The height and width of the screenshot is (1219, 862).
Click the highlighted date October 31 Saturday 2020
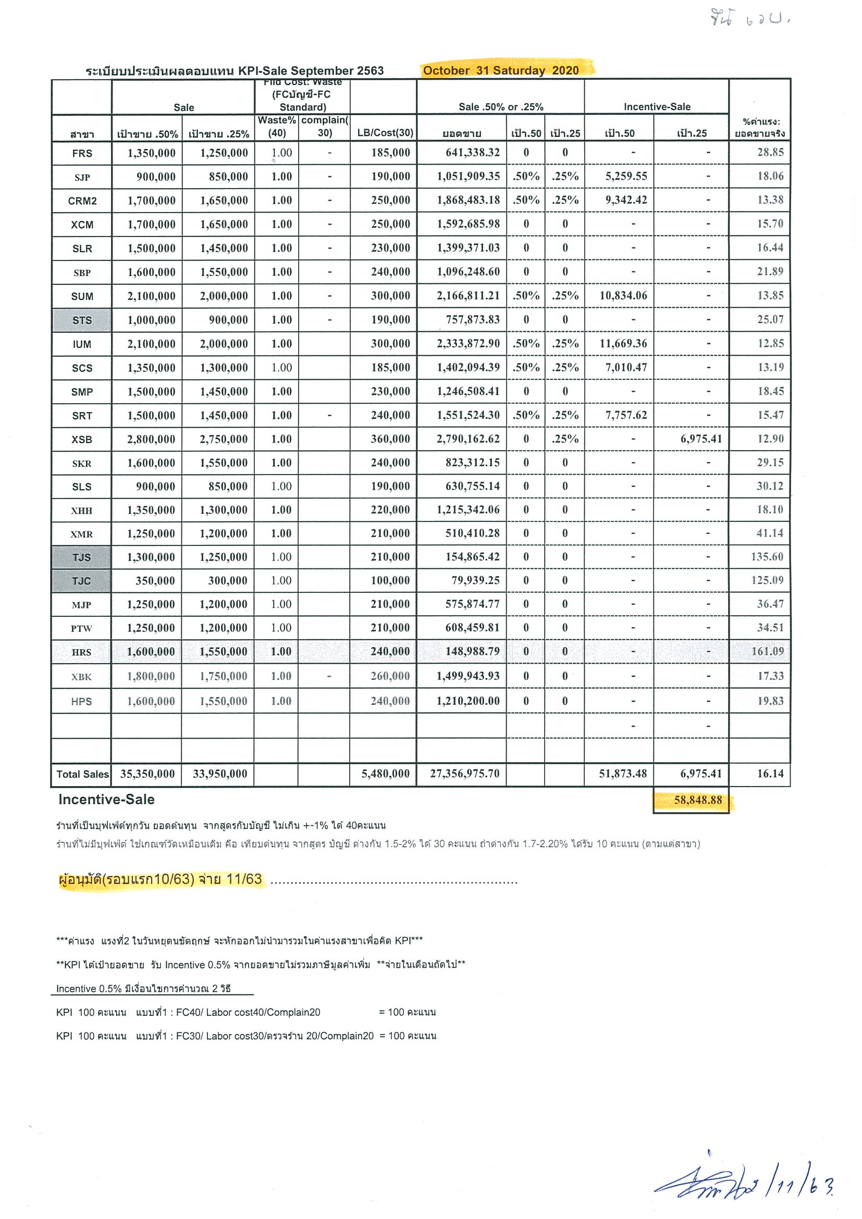pos(500,71)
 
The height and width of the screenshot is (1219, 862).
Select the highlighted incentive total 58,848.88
pos(697,800)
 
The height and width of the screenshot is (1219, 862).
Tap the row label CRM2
pos(82,201)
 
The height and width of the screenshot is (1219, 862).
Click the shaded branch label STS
pos(82,320)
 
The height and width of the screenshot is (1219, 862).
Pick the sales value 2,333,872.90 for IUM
pos(468,343)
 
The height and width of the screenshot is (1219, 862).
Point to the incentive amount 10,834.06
pos(623,296)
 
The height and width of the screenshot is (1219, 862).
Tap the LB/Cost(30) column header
pos(385,133)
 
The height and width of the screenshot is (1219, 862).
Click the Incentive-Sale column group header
pos(657,107)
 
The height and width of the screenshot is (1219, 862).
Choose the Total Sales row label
pos(82,774)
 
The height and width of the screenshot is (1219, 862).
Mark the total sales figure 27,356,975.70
pos(464,774)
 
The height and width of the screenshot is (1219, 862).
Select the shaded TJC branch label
pos(81,581)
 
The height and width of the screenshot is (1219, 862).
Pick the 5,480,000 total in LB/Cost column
pos(385,774)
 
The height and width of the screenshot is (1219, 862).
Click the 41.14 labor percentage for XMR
pos(770,533)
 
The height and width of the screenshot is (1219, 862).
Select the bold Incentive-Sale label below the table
pos(106,800)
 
